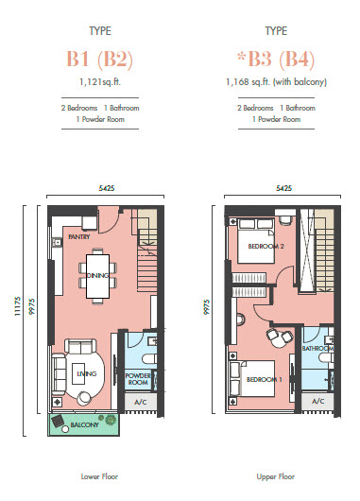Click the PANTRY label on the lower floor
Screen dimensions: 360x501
tap(79, 236)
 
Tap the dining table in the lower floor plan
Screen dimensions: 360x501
tap(97, 276)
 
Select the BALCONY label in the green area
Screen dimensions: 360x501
tap(84, 425)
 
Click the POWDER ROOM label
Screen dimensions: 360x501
tap(138, 379)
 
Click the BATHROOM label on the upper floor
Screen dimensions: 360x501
tap(317, 348)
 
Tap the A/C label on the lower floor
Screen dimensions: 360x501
tap(140, 402)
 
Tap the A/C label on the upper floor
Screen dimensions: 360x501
tap(317, 402)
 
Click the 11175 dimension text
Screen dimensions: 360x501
tap(18, 306)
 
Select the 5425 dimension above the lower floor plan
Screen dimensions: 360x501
tap(107, 188)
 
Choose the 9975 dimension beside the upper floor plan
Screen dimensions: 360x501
tap(207, 307)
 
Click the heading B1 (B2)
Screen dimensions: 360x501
tap(99, 60)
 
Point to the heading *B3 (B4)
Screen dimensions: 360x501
tap(276, 60)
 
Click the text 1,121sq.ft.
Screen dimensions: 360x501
tap(100, 82)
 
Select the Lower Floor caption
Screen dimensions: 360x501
tap(99, 476)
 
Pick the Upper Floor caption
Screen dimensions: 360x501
tap(276, 476)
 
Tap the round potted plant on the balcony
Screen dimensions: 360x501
tap(111, 420)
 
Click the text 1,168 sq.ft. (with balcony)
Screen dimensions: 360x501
tap(276, 82)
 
